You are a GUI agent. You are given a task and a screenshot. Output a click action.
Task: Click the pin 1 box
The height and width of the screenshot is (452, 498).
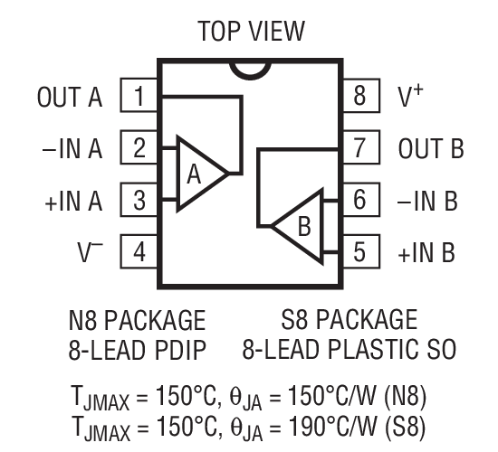[139, 96]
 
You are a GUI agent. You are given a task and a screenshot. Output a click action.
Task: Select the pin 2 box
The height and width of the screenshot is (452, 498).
[139, 148]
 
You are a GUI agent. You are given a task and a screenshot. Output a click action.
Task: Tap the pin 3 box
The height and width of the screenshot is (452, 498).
[139, 199]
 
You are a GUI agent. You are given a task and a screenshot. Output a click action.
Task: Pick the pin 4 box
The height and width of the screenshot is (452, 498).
[139, 250]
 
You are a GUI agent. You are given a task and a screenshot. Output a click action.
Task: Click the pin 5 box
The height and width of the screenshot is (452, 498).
[359, 250]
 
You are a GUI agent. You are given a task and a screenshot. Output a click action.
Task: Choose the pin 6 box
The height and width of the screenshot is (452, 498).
[359, 199]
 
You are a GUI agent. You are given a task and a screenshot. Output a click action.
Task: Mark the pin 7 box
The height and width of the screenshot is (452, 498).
[359, 148]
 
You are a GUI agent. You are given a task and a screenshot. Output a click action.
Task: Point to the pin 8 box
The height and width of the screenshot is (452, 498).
[359, 96]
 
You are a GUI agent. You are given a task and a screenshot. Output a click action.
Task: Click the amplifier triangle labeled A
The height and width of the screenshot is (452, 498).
[197, 174]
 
